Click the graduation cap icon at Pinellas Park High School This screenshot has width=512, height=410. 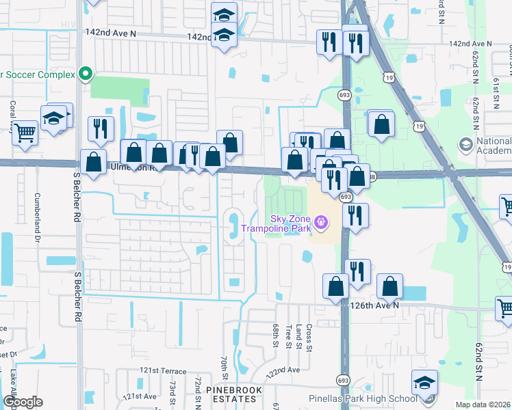(x=424, y=382)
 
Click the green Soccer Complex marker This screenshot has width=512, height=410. (x=86, y=74)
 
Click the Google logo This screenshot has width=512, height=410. (x=22, y=402)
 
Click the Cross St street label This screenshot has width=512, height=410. (x=309, y=338)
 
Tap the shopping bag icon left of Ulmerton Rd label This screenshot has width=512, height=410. (x=93, y=163)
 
